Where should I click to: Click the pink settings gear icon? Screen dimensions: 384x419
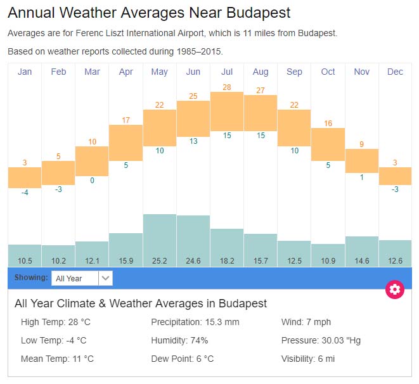pyautogui.click(x=395, y=290)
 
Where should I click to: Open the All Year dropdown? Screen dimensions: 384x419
pyautogui.click(x=82, y=278)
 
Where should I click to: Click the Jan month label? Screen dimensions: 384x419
pyautogui.click(x=25, y=72)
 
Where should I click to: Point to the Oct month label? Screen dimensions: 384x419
pyautogui.click(x=328, y=72)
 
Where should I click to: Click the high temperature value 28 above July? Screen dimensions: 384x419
pyautogui.click(x=227, y=87)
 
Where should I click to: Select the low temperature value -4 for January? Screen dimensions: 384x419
pyautogui.click(x=25, y=192)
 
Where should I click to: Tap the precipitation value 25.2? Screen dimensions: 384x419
pyautogui.click(x=160, y=260)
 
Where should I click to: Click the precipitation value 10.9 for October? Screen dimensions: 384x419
pyautogui.click(x=328, y=260)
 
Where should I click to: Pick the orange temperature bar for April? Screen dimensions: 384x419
pyautogui.click(x=126, y=143)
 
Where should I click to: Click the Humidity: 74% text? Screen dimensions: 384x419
pyautogui.click(x=179, y=340)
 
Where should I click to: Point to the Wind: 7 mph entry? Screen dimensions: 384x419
pyautogui.click(x=306, y=322)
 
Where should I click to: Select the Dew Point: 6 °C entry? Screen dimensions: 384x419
pyautogui.click(x=182, y=359)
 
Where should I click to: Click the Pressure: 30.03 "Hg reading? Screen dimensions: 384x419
pyautogui.click(x=321, y=340)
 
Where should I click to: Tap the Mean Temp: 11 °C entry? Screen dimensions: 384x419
pyautogui.click(x=57, y=359)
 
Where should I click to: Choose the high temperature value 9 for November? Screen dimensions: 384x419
pyautogui.click(x=361, y=144)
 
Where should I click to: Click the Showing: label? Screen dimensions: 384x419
pyautogui.click(x=31, y=278)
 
